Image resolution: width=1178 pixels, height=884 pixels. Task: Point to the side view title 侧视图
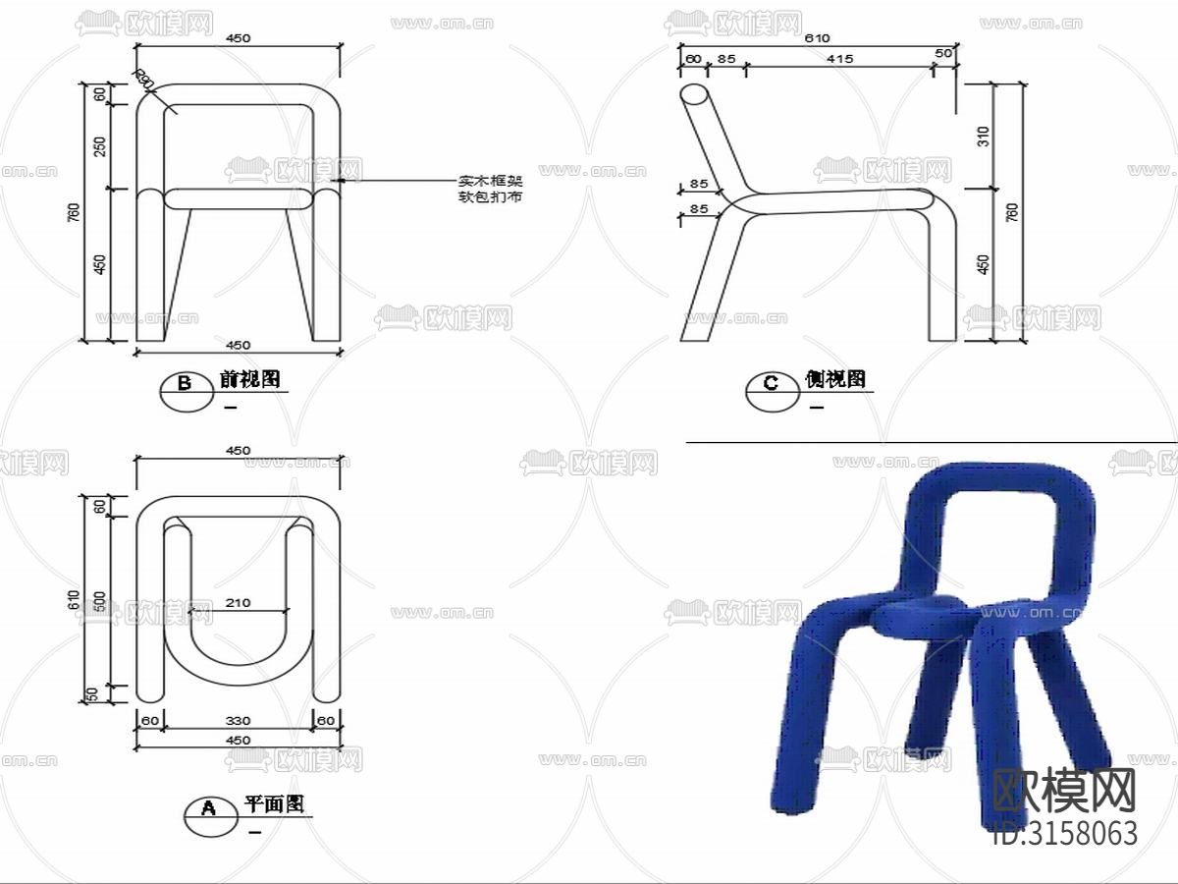pyautogui.click(x=835, y=380)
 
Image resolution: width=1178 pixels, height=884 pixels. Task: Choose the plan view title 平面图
pyautogui.click(x=274, y=804)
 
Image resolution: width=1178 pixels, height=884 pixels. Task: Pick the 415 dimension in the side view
pyautogui.click(x=839, y=59)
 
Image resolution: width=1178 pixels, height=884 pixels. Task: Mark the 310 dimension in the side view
pyautogui.click(x=984, y=137)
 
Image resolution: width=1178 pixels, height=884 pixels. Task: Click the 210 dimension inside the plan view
pyautogui.click(x=239, y=602)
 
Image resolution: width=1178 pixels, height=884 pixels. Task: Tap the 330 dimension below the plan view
pyautogui.click(x=239, y=722)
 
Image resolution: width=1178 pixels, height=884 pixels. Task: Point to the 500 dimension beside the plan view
pyautogui.click(x=97, y=601)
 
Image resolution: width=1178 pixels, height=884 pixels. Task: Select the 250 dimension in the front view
pyautogui.click(x=99, y=146)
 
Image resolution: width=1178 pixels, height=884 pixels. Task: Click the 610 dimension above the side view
pyautogui.click(x=818, y=38)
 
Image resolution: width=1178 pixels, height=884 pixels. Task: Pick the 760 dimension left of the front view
pyautogui.click(x=75, y=213)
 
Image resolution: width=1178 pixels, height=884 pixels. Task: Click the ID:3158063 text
pyautogui.click(x=1065, y=833)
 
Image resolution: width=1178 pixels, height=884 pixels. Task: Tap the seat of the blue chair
pyautogui.click(x=923, y=617)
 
